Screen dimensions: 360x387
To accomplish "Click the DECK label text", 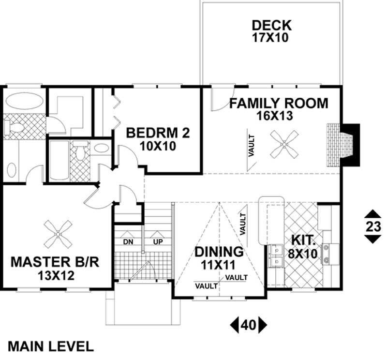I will (x=271, y=25).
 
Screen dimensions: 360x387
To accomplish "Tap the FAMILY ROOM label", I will (x=278, y=103).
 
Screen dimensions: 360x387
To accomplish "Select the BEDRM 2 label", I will (x=157, y=133).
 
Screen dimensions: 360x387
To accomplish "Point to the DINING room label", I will (x=219, y=252).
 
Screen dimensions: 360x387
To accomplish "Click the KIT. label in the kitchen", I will (x=303, y=240).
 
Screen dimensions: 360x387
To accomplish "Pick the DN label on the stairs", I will (x=128, y=241).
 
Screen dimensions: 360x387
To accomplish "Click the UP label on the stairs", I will (x=157, y=241).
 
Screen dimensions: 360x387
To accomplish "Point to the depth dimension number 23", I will (x=372, y=226).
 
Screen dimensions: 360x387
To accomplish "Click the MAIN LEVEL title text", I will (x=51, y=346).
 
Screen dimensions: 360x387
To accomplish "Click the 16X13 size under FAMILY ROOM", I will (x=278, y=116).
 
